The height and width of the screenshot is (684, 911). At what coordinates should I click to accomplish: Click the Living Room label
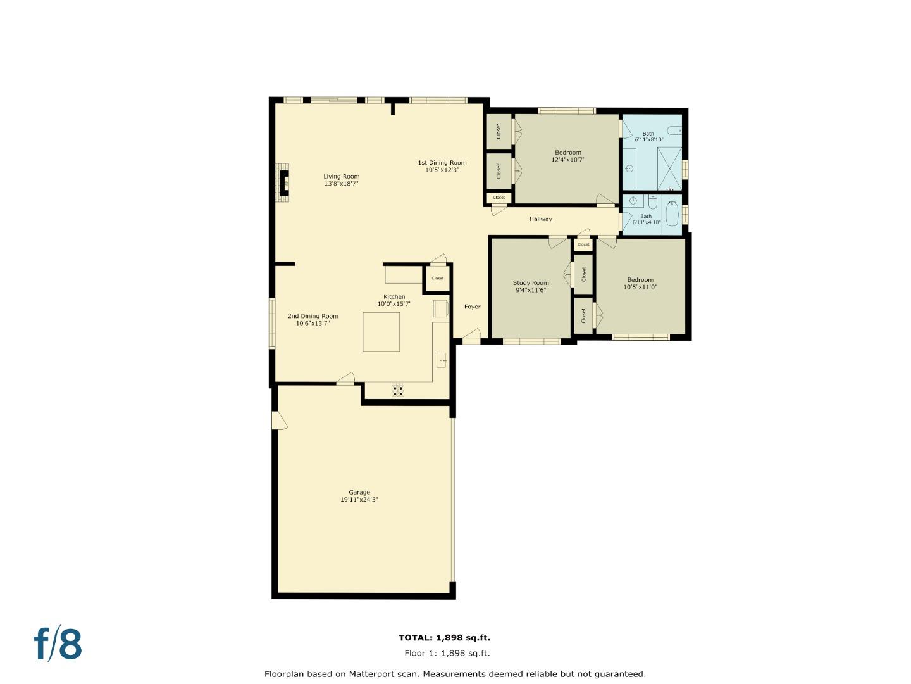[x=341, y=177]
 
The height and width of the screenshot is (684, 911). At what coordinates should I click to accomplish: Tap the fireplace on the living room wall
[x=283, y=183]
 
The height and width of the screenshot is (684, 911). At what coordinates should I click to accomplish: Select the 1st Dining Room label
[x=442, y=163]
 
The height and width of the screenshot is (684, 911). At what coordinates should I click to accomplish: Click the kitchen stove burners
[x=398, y=390]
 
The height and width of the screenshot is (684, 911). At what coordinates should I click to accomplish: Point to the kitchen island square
[x=381, y=331]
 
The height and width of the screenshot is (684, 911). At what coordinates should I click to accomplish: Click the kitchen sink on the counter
[x=442, y=360]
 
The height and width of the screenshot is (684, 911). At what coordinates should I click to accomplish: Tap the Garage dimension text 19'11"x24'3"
[x=359, y=500]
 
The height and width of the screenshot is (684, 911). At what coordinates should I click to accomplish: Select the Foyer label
[x=472, y=307]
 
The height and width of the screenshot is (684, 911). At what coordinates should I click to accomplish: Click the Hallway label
[x=540, y=219]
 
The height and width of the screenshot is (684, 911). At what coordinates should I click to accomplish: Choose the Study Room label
[x=530, y=283]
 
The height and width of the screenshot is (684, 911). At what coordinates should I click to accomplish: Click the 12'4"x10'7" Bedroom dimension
[x=567, y=160]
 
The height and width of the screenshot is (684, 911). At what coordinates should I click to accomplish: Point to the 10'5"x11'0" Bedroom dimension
[x=640, y=287]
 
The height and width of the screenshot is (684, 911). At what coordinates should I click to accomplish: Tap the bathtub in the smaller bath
[x=672, y=214]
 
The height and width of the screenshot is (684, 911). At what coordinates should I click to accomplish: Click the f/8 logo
[x=58, y=644]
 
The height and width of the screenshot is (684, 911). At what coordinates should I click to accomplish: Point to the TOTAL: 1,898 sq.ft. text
[x=444, y=638]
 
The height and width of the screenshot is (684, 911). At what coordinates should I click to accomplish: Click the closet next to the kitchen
[x=437, y=278]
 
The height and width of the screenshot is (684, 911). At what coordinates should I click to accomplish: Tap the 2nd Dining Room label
[x=313, y=316]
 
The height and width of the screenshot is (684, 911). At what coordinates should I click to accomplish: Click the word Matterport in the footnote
[x=374, y=674]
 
